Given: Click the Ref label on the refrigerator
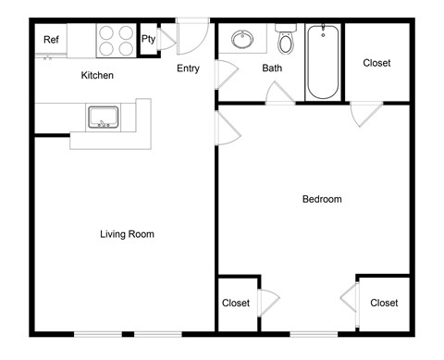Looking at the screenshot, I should [x=52, y=40].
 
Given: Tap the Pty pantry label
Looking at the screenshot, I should [x=148, y=39].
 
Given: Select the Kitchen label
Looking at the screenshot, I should [x=97, y=75].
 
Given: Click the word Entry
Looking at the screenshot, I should [x=189, y=68].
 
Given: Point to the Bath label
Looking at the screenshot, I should [x=272, y=68].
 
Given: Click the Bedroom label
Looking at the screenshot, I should [x=322, y=199].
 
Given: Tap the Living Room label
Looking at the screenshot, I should [x=127, y=234].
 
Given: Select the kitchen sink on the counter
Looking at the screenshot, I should [x=102, y=118].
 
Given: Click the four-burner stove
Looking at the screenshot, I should [x=116, y=40].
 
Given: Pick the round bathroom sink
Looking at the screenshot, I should [x=242, y=40].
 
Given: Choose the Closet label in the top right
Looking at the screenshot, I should [x=376, y=63].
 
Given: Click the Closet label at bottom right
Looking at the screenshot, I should [x=384, y=303].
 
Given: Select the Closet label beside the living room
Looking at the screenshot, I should [x=236, y=303].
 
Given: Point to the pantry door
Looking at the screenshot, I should [x=166, y=39].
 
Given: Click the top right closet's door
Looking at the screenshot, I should [x=365, y=113].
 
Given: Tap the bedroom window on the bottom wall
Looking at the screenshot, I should [x=314, y=333].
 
